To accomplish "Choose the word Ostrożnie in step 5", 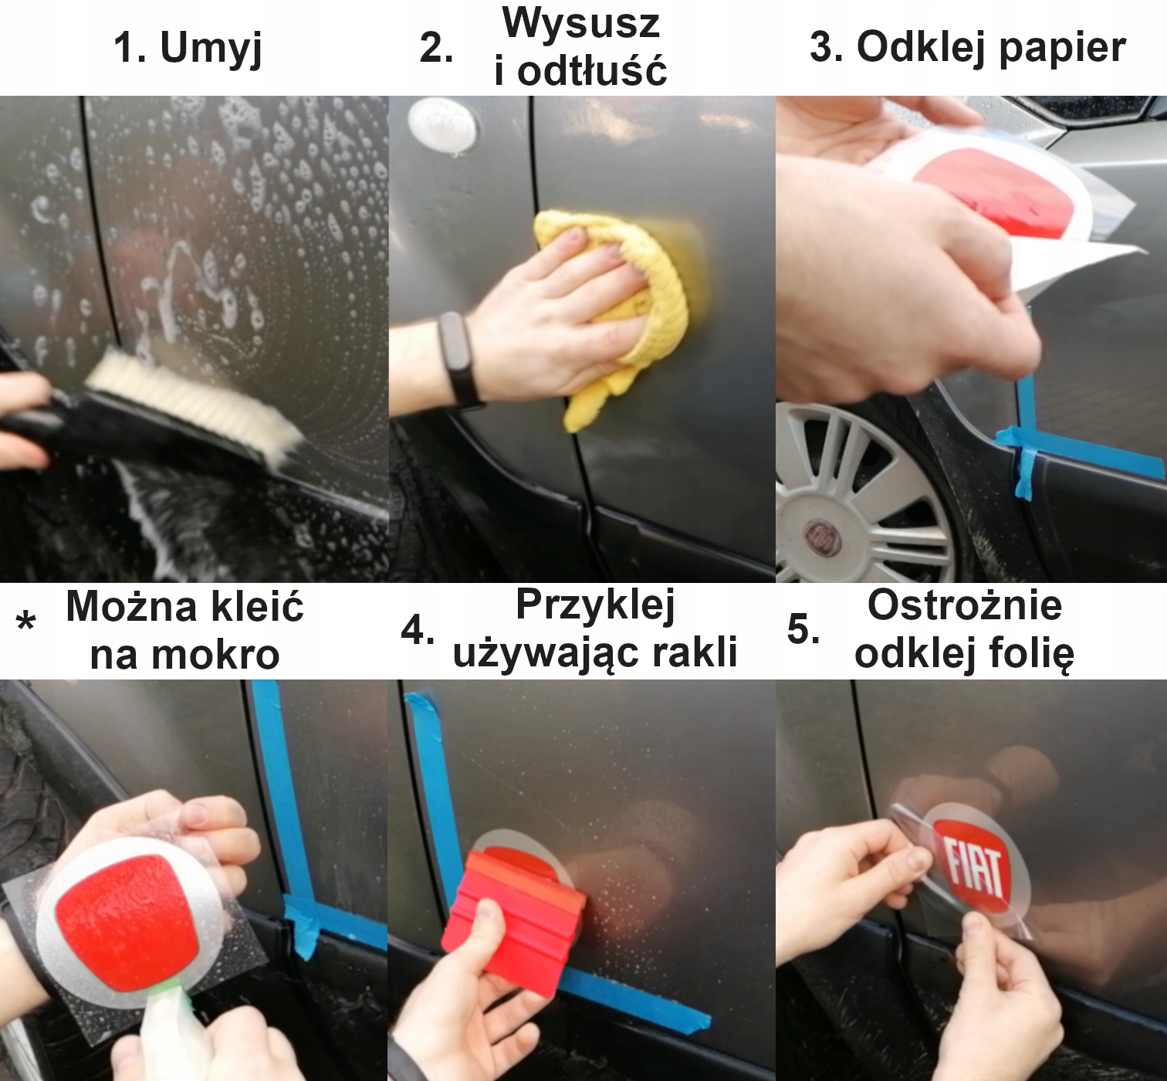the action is pos(965,606).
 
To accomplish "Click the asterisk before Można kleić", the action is pos(25,621).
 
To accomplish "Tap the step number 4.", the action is pos(418,631).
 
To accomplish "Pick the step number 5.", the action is pos(803,629).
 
